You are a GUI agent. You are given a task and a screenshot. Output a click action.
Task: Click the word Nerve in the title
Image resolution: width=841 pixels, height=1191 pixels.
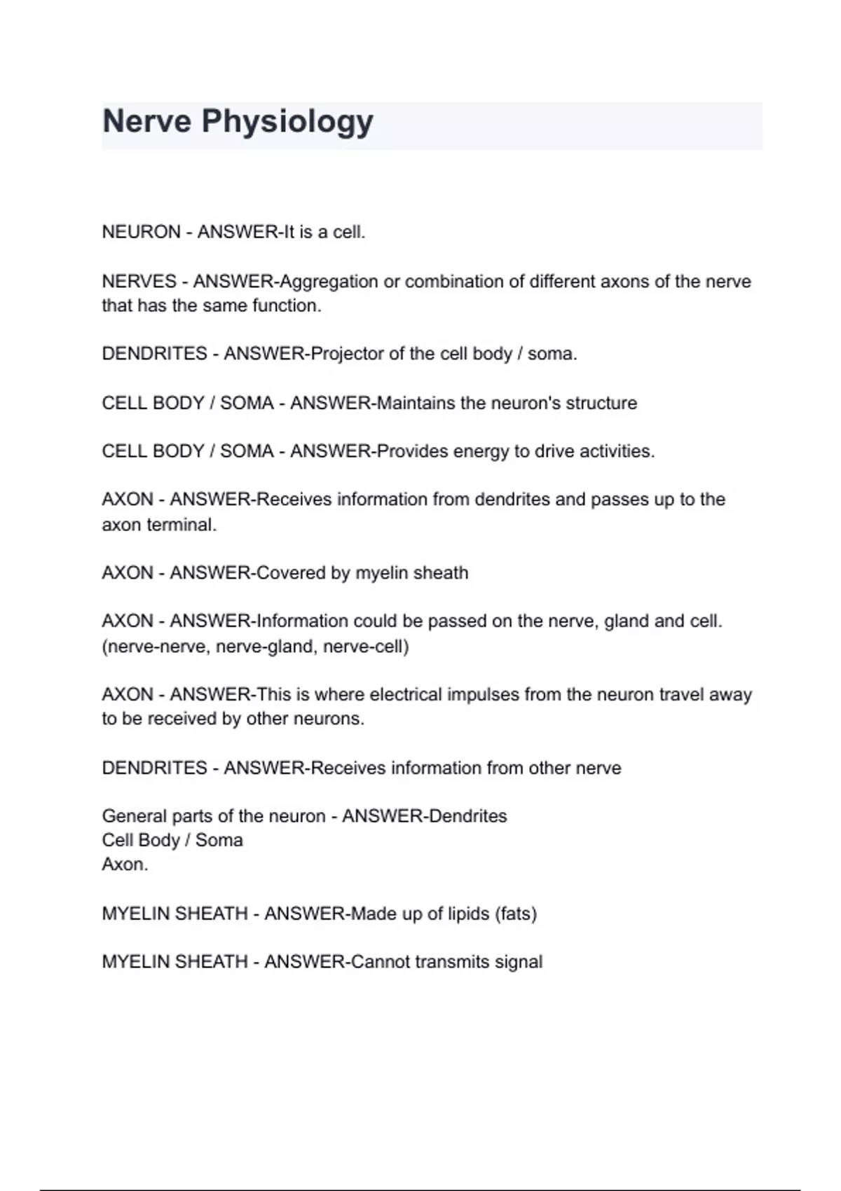pos(146,121)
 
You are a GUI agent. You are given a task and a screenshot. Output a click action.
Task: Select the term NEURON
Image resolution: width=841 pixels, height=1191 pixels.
pos(141,232)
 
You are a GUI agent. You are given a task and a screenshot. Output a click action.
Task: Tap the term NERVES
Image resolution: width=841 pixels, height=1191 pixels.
pos(139,282)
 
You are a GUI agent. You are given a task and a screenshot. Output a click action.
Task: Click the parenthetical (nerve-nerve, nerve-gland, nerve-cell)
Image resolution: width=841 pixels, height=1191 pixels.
pos(255,646)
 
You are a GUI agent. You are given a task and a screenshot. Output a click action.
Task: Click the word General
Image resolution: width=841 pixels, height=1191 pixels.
pos(135,816)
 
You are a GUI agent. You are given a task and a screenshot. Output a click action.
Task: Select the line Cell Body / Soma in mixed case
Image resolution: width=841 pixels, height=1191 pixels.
pos(172,840)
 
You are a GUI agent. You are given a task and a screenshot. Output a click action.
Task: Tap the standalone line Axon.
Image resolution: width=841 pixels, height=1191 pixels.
pos(125,865)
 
